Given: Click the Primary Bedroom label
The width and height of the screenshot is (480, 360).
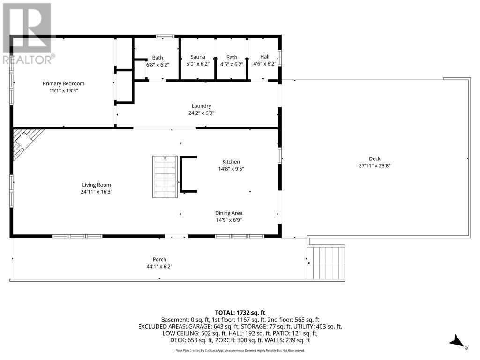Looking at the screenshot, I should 63,83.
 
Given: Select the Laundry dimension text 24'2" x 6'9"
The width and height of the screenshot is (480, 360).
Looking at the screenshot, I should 201,113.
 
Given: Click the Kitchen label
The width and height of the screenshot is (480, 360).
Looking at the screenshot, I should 231,162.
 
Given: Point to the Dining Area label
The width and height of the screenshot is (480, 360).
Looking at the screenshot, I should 229,213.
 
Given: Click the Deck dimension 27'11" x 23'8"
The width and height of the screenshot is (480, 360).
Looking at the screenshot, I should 374,165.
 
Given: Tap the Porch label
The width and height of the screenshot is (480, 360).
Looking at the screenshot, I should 159,259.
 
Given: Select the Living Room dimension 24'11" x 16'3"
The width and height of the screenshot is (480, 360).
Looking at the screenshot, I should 97,192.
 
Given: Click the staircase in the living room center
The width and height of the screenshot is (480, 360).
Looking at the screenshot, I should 164,177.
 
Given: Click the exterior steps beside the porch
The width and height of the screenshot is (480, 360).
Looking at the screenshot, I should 326,262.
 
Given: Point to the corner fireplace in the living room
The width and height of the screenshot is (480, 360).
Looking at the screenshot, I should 24,142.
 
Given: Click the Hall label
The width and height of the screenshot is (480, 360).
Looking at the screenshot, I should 265,57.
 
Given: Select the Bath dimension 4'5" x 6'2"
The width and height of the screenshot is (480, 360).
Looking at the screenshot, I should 232,64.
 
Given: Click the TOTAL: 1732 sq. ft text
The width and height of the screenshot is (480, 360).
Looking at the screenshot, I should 240,312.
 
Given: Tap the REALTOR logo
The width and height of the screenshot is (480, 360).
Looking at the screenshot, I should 27,33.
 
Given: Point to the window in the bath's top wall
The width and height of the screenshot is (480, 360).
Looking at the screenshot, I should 165,36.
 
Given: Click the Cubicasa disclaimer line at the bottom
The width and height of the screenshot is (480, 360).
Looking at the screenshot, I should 240,350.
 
